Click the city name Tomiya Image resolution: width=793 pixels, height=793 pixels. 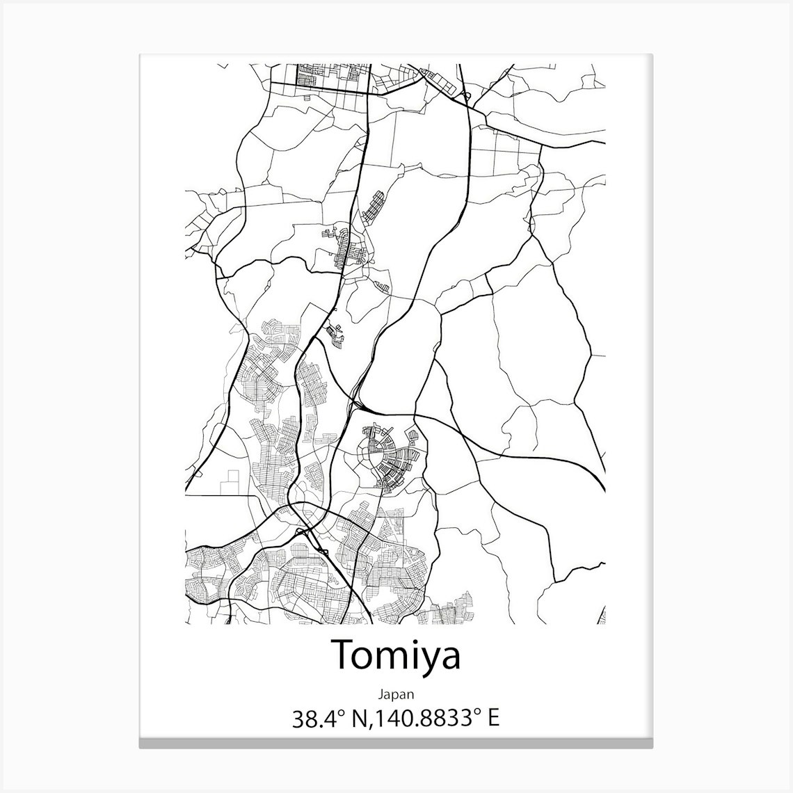click(396, 655)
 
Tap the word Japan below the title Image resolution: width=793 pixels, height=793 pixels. click(396, 694)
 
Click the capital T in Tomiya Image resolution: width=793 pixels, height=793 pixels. click(343, 655)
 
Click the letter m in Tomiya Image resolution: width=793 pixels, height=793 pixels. click(390, 658)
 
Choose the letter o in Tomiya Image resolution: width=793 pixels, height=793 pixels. click(364, 658)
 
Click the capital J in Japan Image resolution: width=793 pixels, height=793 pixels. click(381, 694)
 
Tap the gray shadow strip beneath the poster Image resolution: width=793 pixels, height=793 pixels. click(396, 744)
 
